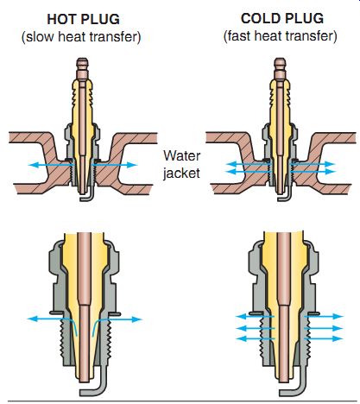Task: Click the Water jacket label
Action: (x=181, y=164)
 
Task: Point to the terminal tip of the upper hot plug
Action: (x=82, y=60)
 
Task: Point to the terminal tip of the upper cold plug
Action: (x=280, y=60)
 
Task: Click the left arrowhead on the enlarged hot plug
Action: (x=33, y=319)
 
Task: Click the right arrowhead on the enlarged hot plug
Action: (x=137, y=319)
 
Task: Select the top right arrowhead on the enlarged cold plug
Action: (x=338, y=316)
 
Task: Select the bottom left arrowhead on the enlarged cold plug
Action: (x=241, y=338)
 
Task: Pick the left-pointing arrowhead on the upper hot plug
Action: (x=34, y=165)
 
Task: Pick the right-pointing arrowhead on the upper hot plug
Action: (x=132, y=165)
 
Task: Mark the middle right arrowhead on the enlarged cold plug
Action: (x=338, y=328)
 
